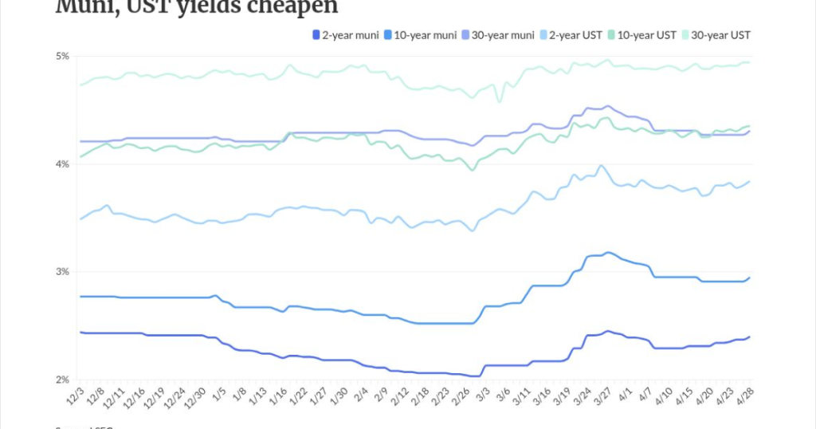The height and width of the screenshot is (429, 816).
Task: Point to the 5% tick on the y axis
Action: (62, 57)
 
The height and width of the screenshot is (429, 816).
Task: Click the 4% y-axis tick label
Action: (62, 164)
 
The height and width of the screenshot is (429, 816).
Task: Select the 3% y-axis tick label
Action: (62, 272)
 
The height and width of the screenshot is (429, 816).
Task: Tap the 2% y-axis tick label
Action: (62, 380)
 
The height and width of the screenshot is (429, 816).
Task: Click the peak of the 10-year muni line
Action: (608, 252)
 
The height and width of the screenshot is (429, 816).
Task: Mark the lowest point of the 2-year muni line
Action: (476, 376)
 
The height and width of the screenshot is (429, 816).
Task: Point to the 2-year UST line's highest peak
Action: (601, 166)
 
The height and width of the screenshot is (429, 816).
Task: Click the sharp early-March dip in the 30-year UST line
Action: (500, 101)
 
